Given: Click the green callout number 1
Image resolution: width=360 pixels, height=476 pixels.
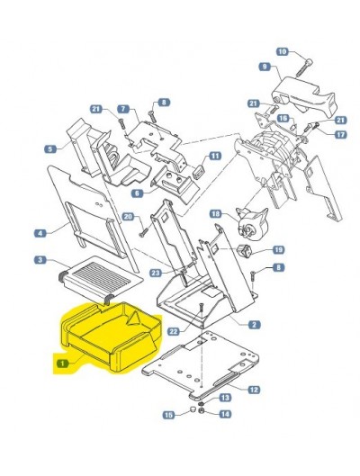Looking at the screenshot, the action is [63, 363].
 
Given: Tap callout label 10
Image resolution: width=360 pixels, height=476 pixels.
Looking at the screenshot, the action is [283, 51].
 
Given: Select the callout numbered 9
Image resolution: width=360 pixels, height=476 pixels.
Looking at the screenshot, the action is [265, 67].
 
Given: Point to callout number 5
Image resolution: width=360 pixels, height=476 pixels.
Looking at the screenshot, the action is [50, 148].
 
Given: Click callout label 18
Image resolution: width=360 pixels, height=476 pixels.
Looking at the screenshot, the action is [216, 214].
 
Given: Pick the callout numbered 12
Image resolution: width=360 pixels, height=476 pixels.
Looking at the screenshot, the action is [254, 390].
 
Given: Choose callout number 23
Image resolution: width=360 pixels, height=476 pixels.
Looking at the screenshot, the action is [156, 273].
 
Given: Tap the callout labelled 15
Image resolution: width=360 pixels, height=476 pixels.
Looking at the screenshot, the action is [169, 415].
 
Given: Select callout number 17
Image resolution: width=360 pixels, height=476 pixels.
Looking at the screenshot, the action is [340, 134].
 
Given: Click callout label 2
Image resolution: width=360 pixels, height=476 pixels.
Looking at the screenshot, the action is [254, 325].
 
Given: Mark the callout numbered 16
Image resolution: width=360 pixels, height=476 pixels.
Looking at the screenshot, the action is [283, 118].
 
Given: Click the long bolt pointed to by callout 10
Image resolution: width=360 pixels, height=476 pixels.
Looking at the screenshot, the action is [303, 68].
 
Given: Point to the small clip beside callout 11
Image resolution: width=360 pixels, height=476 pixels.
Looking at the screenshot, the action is [199, 170].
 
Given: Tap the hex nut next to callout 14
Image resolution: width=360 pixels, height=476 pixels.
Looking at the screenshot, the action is [201, 410].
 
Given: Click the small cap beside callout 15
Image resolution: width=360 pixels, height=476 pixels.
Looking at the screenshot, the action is [192, 409].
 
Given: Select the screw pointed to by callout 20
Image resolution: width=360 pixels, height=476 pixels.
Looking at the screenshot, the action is [143, 233].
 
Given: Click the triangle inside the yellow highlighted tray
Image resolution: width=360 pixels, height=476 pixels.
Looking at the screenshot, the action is [133, 319].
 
